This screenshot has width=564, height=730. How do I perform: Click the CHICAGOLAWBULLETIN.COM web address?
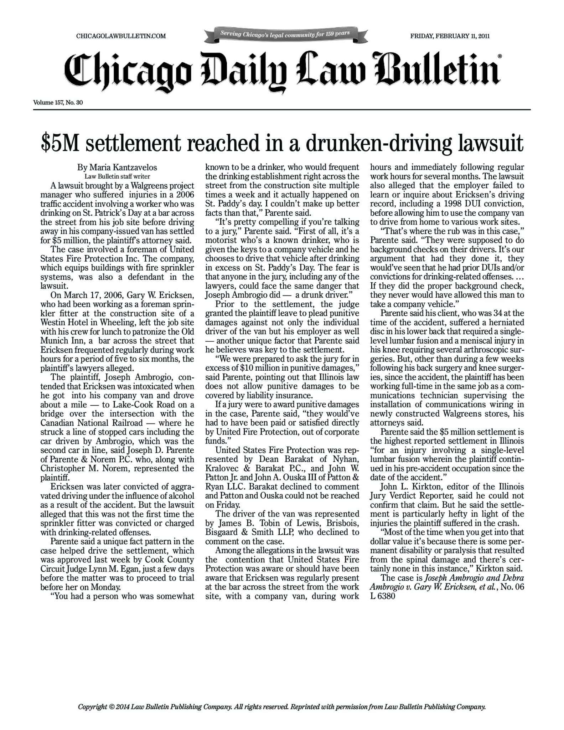tap(121, 36)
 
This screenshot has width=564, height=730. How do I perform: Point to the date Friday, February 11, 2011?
tap(450, 36)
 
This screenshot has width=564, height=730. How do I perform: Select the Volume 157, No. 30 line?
tap(58, 103)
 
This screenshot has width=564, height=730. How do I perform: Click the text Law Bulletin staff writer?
tap(117, 176)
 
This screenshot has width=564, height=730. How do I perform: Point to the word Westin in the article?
tap(53, 323)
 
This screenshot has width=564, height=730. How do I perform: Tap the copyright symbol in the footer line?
tap(112, 706)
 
